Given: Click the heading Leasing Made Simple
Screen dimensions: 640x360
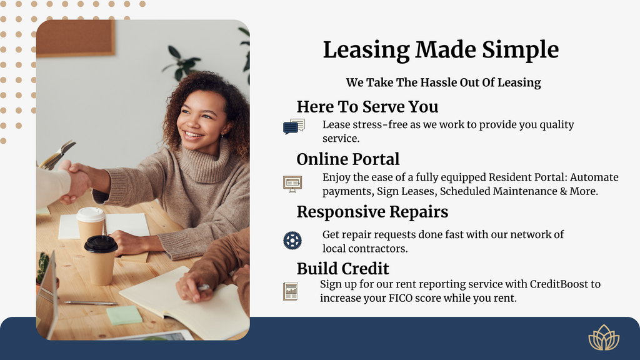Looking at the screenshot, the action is (x=441, y=50).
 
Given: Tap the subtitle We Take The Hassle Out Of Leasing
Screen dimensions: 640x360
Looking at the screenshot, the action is (x=443, y=82).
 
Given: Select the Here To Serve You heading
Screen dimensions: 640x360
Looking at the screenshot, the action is (x=367, y=106).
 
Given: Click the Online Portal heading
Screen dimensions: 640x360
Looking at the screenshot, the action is (x=348, y=159).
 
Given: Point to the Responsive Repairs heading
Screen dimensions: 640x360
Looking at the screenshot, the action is (x=372, y=212).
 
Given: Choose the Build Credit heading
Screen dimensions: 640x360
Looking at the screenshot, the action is (x=343, y=269).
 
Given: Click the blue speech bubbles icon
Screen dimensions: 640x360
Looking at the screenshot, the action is (x=294, y=126).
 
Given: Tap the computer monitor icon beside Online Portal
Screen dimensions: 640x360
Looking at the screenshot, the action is (x=292, y=184).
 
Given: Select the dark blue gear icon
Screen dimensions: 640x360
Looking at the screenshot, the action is (x=292, y=241).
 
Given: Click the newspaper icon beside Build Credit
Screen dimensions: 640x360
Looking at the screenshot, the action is (x=290, y=291).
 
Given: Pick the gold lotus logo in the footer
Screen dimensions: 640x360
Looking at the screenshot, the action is (x=604, y=337).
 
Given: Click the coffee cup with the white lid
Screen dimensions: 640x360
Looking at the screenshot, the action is (x=91, y=225).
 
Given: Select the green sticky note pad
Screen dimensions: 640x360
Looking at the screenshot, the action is (x=124, y=315).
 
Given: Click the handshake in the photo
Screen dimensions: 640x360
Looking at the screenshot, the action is (x=76, y=181).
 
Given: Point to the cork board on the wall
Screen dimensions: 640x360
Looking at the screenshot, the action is (x=76, y=38).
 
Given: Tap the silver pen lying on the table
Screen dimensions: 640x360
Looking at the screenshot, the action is (x=91, y=303).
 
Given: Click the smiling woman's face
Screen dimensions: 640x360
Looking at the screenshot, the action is (x=201, y=119).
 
